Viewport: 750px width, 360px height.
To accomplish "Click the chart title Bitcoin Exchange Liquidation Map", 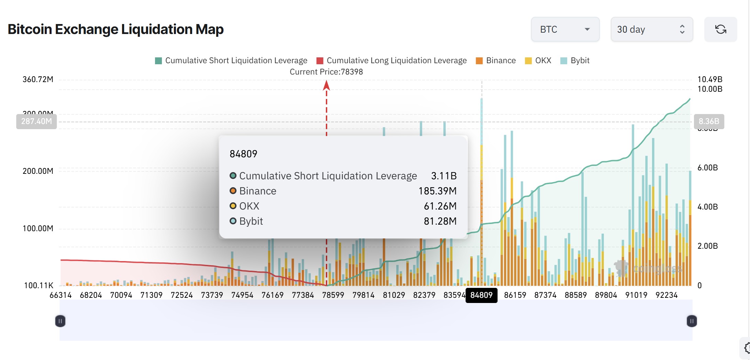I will (115, 29).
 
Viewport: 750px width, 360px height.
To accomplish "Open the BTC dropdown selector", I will (565, 30).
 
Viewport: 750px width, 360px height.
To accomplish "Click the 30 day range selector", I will (651, 30).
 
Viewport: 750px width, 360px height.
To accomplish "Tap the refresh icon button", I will (720, 30).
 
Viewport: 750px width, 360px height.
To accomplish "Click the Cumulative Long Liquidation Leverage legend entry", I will (391, 60).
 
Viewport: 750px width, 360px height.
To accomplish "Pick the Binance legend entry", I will (496, 60).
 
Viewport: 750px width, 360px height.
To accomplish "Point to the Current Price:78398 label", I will (326, 72).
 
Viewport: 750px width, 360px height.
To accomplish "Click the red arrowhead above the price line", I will (327, 85).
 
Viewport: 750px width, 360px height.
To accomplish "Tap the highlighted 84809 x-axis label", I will (481, 295).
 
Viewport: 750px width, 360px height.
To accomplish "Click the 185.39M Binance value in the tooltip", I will (437, 191).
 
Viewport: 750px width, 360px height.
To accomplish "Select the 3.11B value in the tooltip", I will (444, 176).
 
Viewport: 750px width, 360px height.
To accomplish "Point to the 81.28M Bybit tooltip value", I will (440, 221).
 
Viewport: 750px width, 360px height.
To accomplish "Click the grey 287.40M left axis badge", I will (36, 121).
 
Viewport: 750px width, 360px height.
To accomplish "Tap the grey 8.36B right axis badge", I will (709, 121).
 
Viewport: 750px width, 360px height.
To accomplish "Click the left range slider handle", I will (60, 321).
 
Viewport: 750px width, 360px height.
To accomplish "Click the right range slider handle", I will (692, 321).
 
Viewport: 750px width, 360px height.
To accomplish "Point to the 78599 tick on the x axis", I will (333, 295).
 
